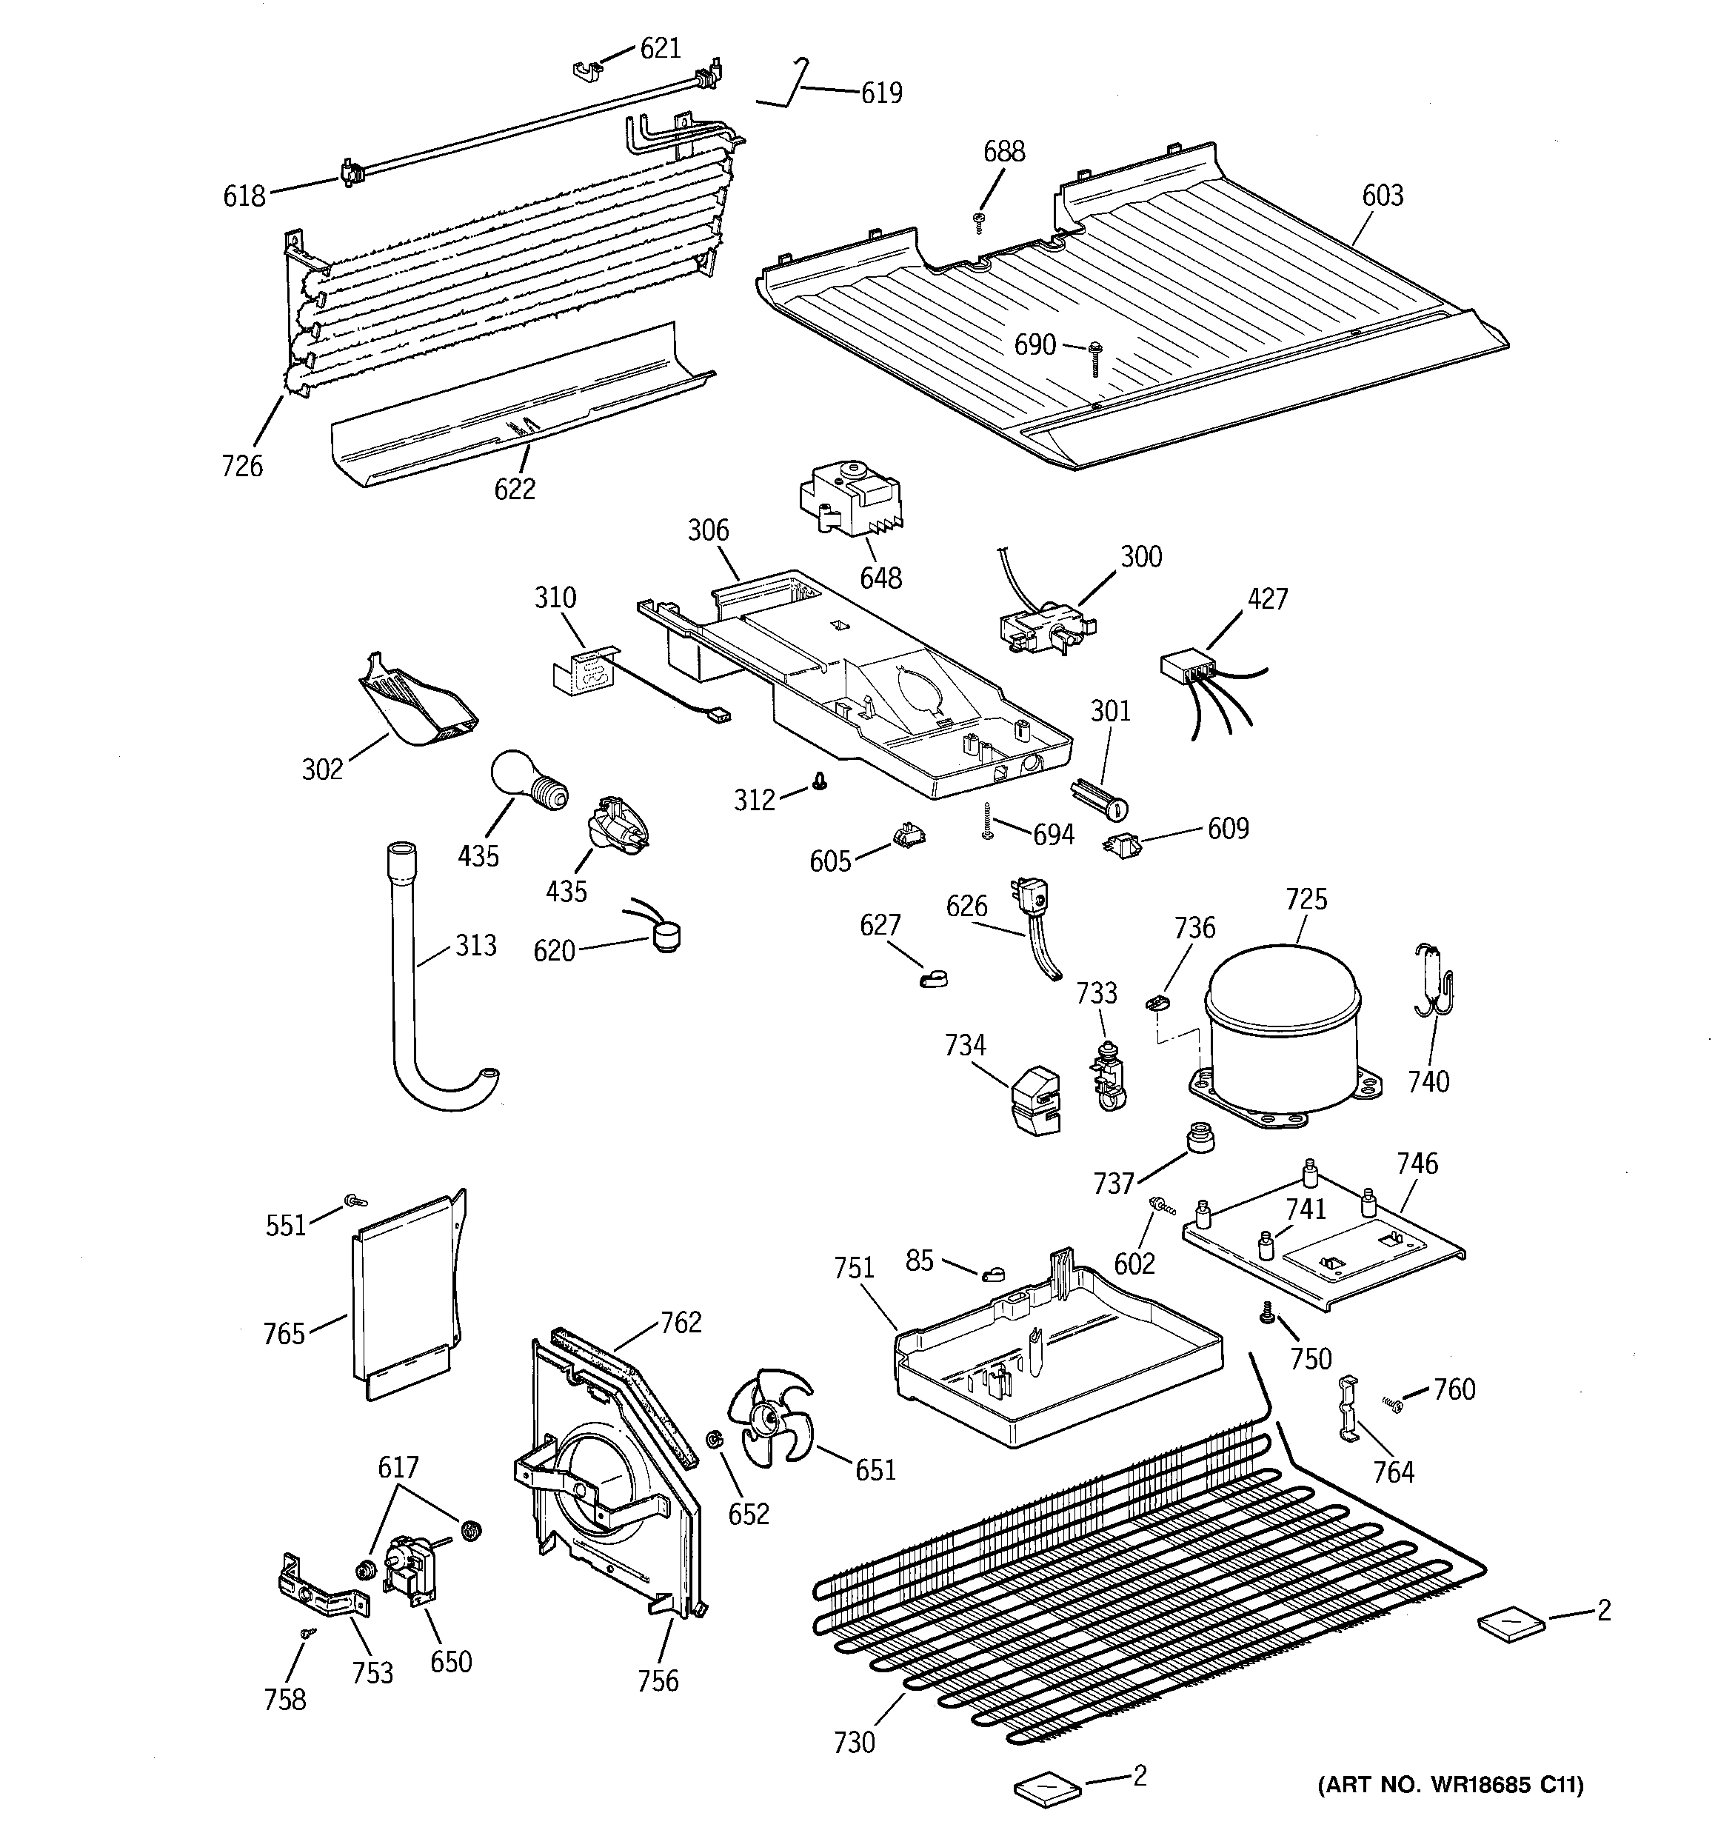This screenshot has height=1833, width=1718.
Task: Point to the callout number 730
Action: [853, 1742]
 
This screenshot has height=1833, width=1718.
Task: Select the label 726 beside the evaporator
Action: [241, 466]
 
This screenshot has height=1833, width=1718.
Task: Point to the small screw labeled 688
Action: [980, 218]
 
